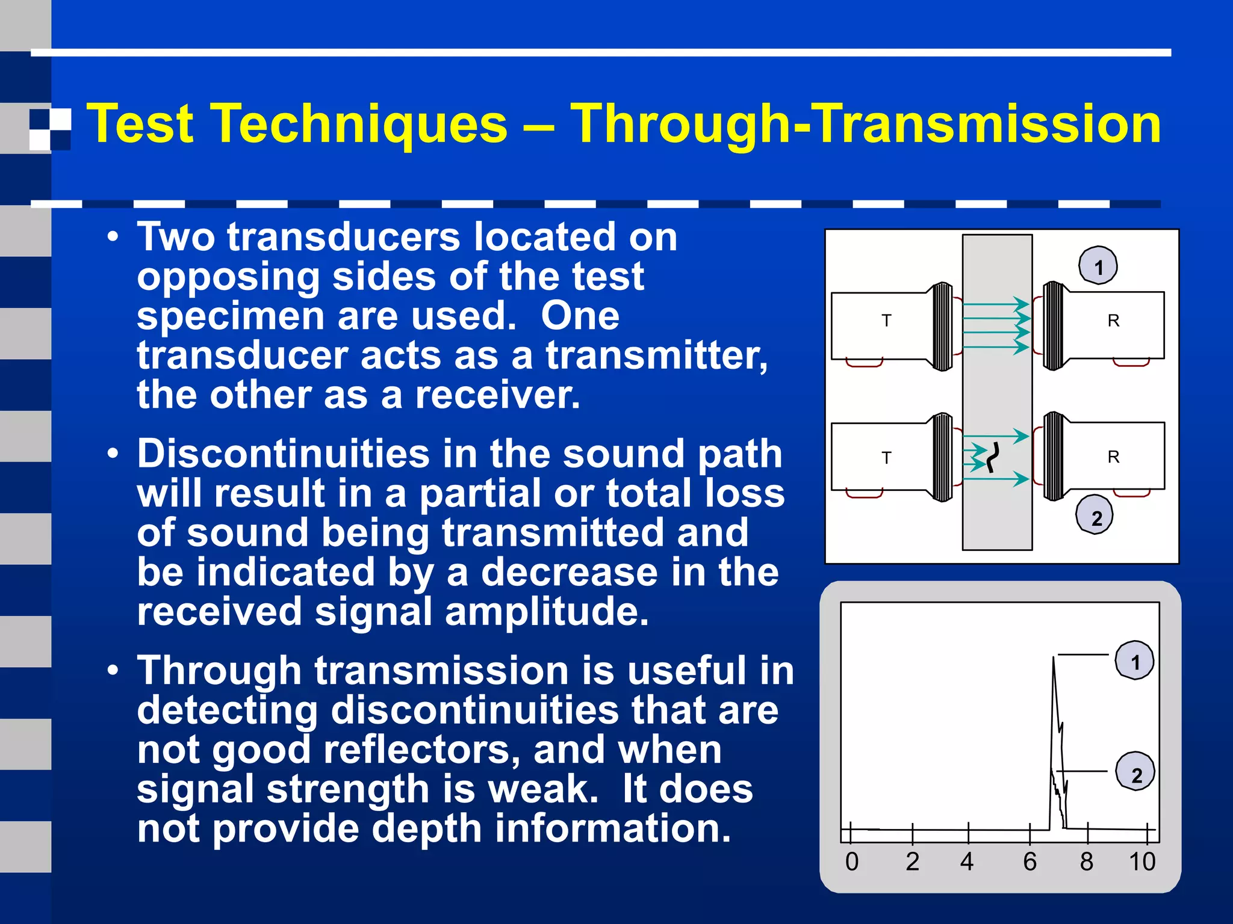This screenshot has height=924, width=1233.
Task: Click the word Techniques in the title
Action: [360, 123]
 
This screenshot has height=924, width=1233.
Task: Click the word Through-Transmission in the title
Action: [865, 123]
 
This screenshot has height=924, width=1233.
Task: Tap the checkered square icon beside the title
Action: [50, 129]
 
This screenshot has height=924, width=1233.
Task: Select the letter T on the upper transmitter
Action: [886, 321]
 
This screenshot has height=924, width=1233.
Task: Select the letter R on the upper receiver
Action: [1113, 321]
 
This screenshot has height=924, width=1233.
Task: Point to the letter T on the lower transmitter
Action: [886, 458]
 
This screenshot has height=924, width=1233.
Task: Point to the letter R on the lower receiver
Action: [1113, 457]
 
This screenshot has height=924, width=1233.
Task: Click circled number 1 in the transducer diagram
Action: [1098, 266]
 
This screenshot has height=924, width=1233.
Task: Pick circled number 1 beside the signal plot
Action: [1135, 661]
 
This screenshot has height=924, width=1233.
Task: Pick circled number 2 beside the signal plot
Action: [1135, 774]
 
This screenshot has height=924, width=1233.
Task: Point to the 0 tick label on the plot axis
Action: [851, 862]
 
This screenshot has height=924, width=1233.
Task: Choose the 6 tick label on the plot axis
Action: [1030, 862]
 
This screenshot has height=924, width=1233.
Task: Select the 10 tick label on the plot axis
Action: [1142, 862]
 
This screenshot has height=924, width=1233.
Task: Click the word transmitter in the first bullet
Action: [656, 356]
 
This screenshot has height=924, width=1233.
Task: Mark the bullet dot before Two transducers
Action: [113, 238]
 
